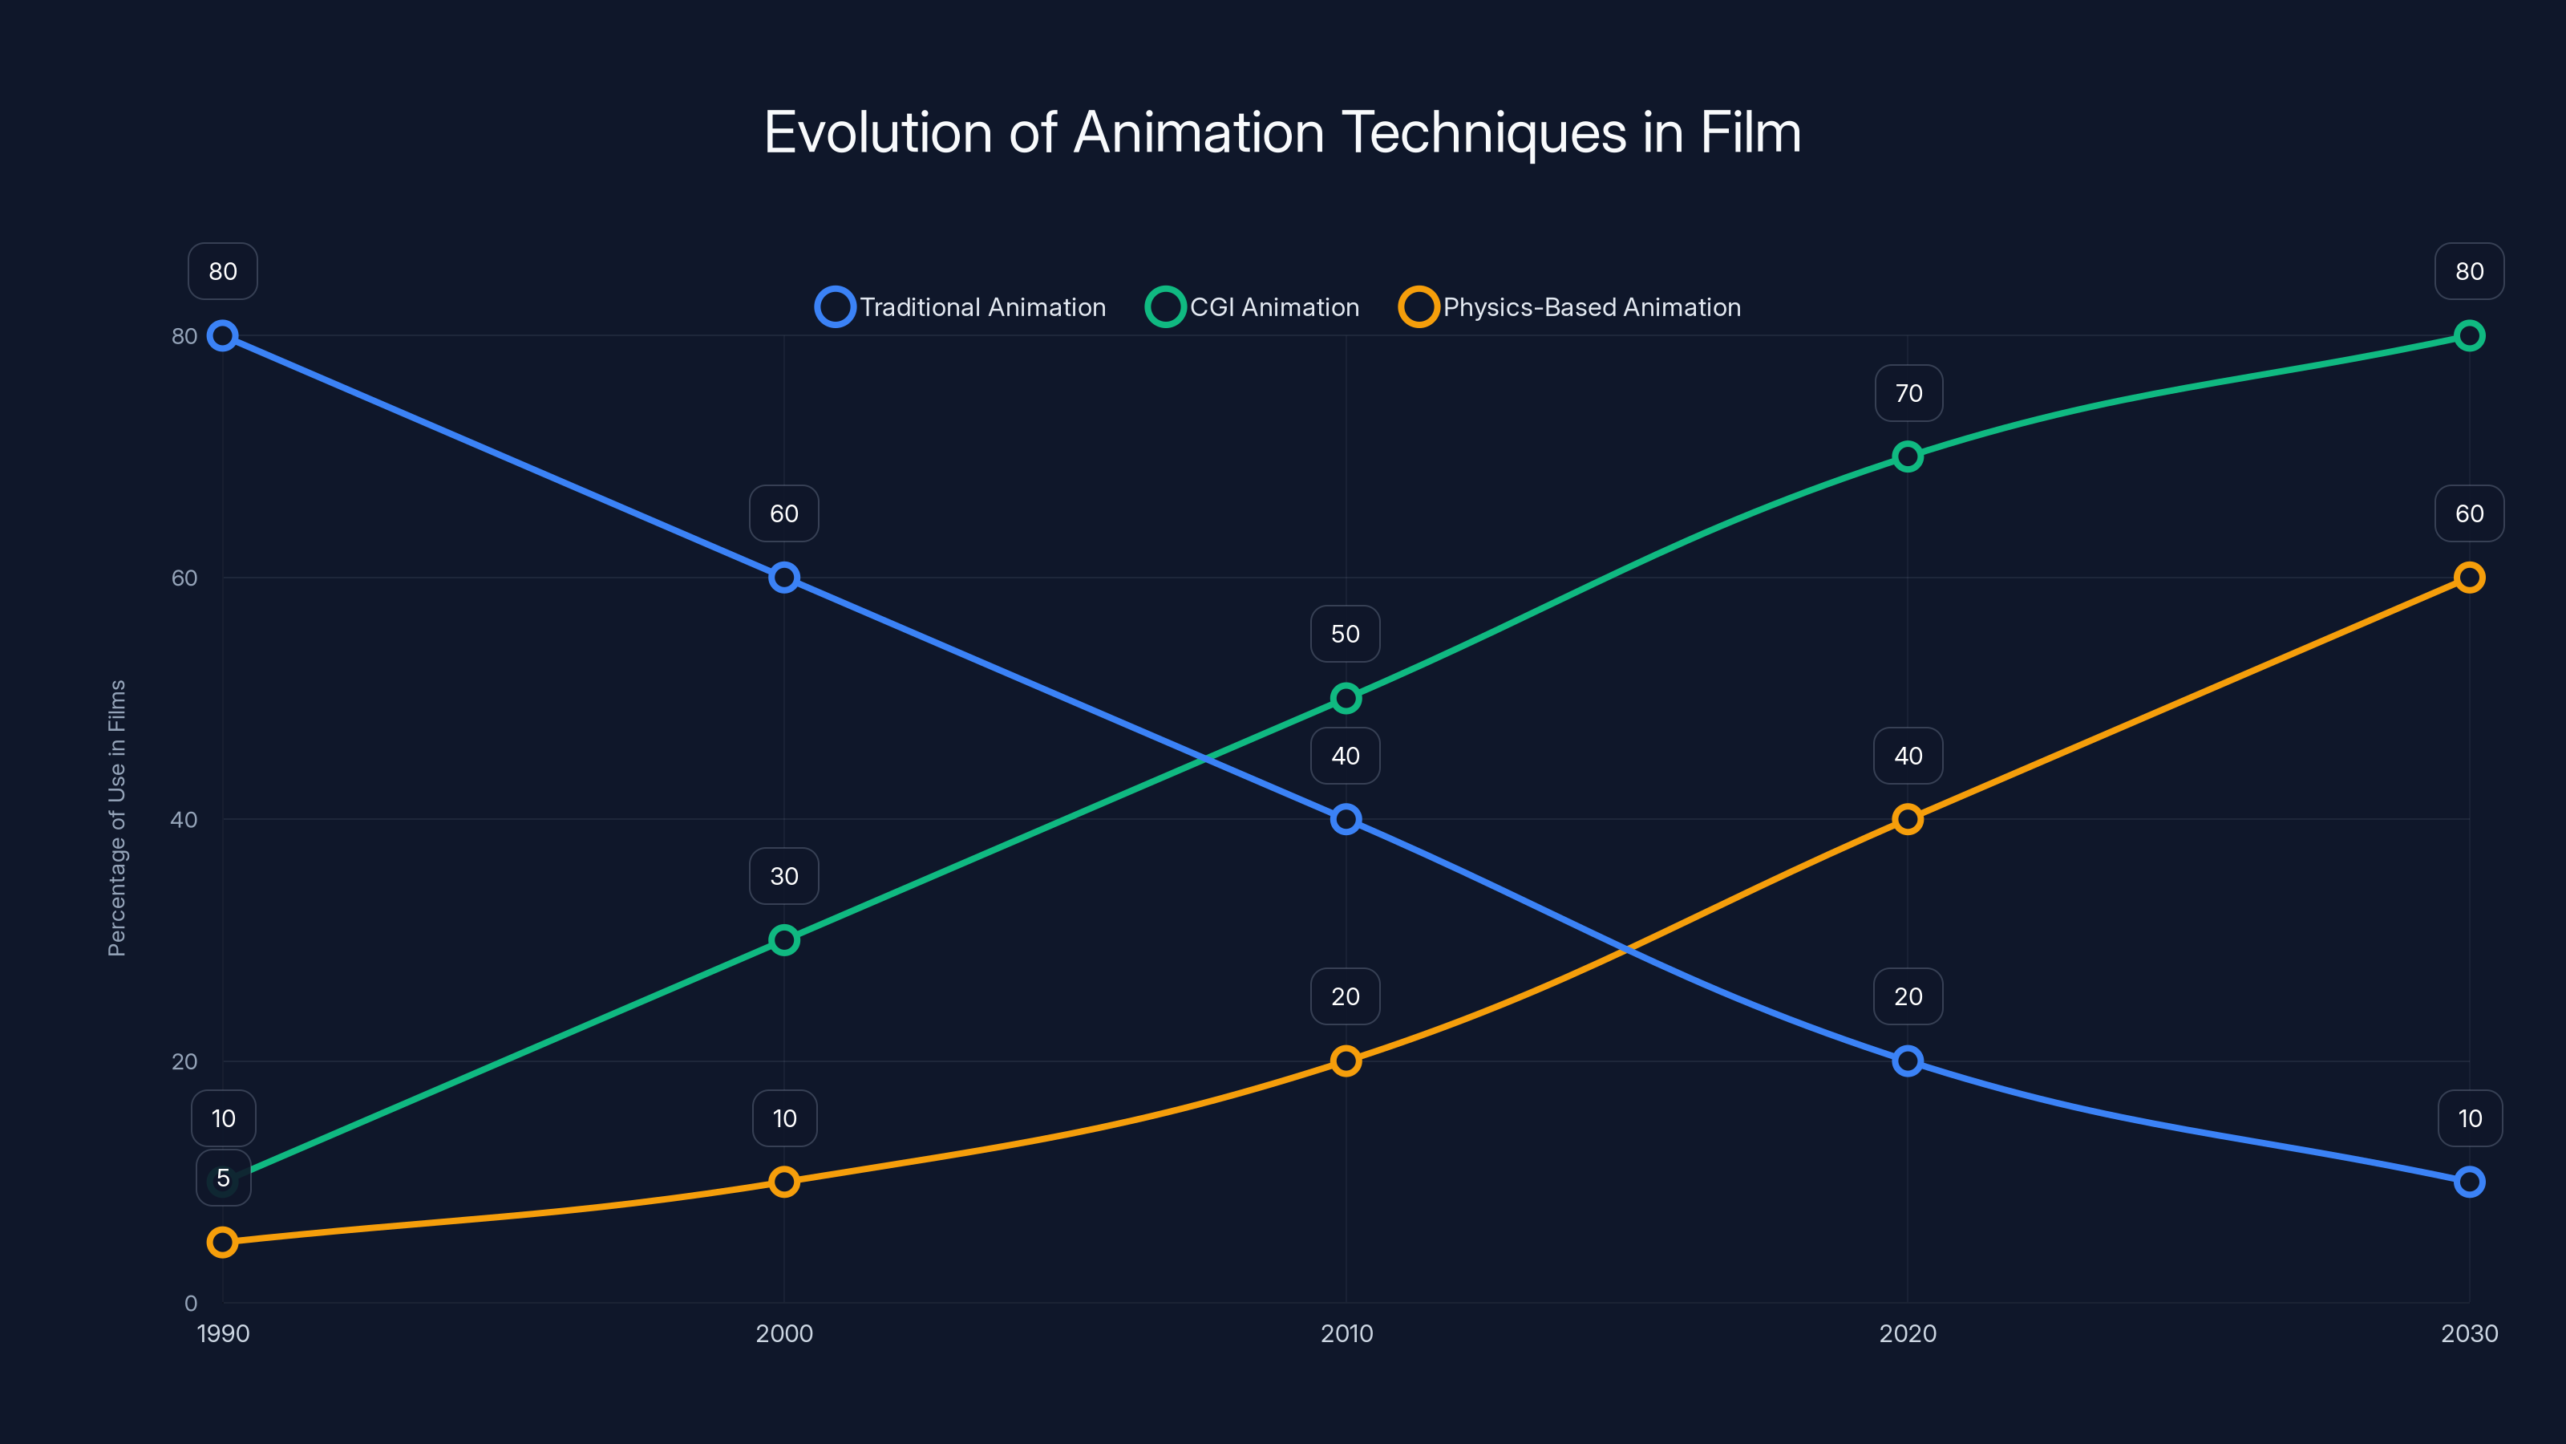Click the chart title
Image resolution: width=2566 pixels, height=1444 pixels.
[x=1282, y=132]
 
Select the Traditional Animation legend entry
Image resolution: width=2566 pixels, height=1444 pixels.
[x=961, y=307]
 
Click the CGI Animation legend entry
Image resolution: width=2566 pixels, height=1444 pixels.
[x=1253, y=307]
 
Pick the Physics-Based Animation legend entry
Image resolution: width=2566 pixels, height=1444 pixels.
[x=1570, y=307]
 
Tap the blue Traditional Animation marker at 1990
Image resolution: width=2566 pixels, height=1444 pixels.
[x=222, y=336]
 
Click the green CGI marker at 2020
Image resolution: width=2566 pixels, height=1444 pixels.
[x=1908, y=456]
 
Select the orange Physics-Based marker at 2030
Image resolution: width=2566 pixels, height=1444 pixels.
[x=2468, y=578]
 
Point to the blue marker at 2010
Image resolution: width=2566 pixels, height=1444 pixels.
[x=1346, y=819]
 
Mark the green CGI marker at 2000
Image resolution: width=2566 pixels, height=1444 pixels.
[x=784, y=939]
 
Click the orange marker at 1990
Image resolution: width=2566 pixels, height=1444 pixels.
[x=222, y=1242]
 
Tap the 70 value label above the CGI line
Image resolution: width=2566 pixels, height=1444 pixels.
[x=1908, y=394]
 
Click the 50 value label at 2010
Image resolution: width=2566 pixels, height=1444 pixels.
[x=1345, y=635]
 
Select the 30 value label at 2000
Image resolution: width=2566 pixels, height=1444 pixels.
[x=784, y=877]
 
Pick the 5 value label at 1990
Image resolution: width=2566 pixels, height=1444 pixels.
[x=223, y=1178]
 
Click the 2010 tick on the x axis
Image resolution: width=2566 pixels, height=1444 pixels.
[x=1346, y=1333]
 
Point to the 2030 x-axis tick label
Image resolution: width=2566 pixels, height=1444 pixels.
[x=2468, y=1333]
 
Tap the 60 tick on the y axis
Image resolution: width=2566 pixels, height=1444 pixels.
[x=184, y=578]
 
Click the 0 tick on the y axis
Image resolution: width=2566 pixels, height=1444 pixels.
[x=190, y=1304]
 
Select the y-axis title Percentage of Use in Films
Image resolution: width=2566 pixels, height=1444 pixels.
[x=116, y=818]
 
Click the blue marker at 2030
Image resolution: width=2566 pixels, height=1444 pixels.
[x=2468, y=1182]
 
